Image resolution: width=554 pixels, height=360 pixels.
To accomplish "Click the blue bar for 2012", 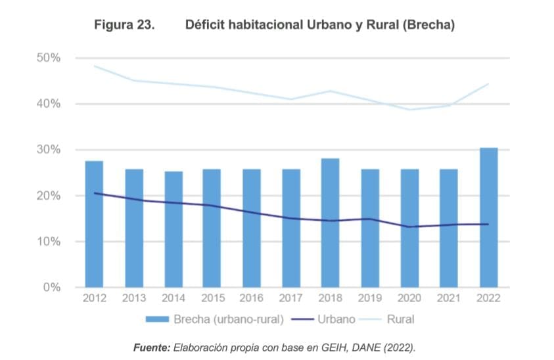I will pos(94,223).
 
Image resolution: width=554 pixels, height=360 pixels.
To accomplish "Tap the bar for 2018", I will pos(330,223).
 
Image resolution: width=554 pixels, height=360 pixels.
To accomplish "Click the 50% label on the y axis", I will pos(48,58).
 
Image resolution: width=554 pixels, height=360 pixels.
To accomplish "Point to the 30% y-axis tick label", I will pos(48,150).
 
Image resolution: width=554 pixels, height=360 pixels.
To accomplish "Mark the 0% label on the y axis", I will pos(51,287).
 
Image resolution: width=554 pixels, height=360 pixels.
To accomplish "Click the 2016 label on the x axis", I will pos(252,299).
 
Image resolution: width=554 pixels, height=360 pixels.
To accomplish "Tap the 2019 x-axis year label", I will pos(370,299).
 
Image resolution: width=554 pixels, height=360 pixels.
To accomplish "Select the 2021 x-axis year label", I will pos(449,299).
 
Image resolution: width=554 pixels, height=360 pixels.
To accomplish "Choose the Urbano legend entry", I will pos(336,319).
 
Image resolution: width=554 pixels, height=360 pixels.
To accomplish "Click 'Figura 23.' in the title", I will pos(124,25).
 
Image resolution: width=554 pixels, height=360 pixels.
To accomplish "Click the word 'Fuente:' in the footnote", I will pos(151,347).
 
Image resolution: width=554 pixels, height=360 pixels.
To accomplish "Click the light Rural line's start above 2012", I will pos(95,66).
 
